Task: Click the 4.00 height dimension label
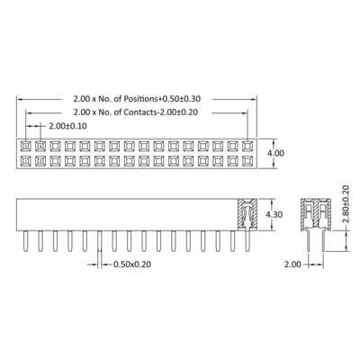point(275,153)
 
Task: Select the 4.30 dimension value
point(274,215)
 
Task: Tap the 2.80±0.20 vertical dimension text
point(346,204)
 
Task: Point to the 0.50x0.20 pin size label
point(132,265)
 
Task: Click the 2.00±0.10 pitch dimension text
point(67,126)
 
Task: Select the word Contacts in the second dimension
point(139,112)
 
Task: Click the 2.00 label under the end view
point(292,265)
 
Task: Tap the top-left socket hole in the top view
point(26,146)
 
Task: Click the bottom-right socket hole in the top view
point(247,161)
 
